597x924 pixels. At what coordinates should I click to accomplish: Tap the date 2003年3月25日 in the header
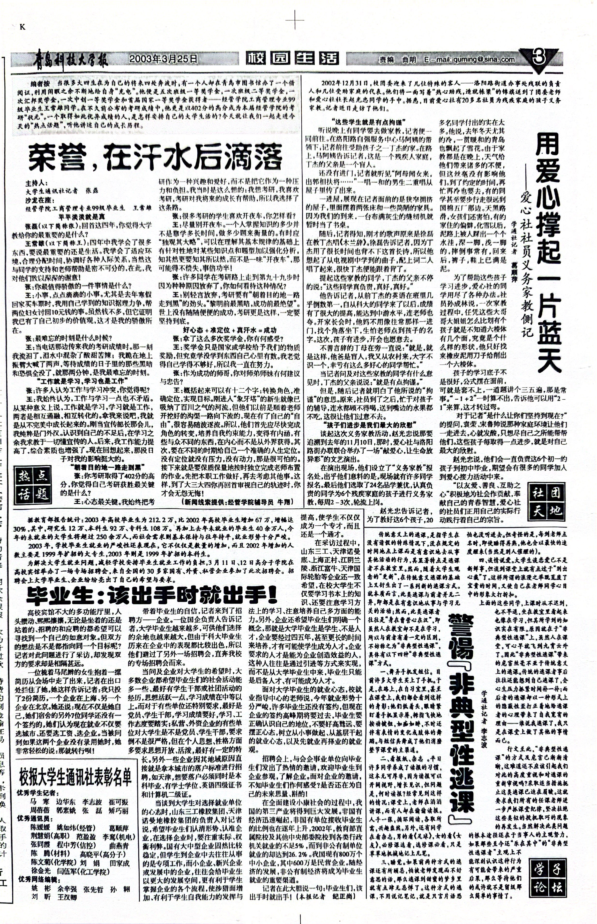(x=163, y=59)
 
